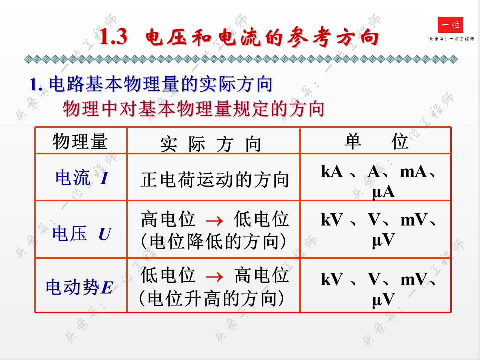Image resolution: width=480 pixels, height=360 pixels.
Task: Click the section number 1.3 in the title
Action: (114, 38)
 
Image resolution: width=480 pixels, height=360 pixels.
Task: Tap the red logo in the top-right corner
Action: (450, 25)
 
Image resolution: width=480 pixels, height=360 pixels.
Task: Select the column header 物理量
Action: (80, 142)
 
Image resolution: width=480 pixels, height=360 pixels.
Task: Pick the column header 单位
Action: (376, 142)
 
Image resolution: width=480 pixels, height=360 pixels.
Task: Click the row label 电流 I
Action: (81, 178)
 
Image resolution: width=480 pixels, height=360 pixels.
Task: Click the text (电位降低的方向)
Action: (215, 242)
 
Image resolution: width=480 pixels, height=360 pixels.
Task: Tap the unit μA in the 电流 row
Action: (383, 192)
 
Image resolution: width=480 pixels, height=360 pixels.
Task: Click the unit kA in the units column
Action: (331, 172)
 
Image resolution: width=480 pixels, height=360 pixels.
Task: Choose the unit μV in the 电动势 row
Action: (383, 299)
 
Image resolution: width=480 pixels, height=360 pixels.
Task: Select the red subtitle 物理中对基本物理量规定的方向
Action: (194, 108)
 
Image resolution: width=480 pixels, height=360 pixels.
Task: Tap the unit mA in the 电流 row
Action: (413, 172)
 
